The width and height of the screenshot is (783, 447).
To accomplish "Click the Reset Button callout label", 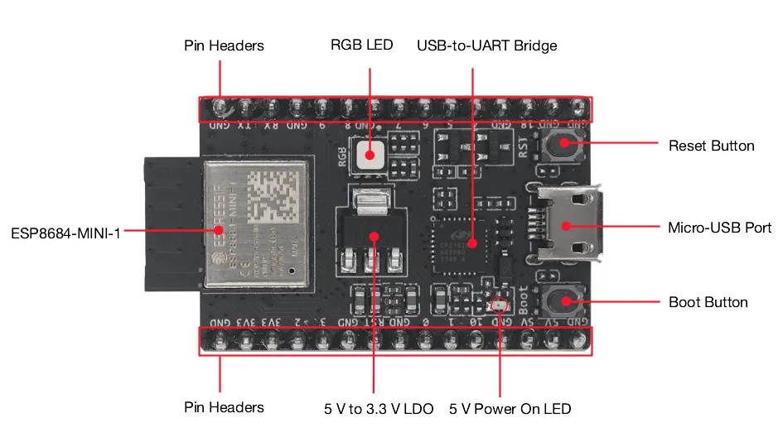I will point(711,146).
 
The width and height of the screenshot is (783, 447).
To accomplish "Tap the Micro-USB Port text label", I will point(719,228).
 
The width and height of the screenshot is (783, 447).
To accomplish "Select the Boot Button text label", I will point(708,302).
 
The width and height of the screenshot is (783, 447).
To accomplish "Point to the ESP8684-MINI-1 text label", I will point(65,233).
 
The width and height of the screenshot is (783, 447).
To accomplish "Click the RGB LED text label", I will point(361,45).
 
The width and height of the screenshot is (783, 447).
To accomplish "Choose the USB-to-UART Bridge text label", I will point(486,46).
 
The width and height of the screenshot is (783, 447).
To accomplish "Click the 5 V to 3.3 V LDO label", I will point(379,409).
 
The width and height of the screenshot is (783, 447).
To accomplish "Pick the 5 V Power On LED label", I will point(510,409).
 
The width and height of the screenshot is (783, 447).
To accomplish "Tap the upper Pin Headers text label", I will point(224,46).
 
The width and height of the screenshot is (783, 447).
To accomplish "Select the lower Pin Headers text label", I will point(224,407).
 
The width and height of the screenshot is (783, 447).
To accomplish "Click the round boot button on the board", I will point(564,301).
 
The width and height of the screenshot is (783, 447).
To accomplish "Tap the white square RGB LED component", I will point(370,153).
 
